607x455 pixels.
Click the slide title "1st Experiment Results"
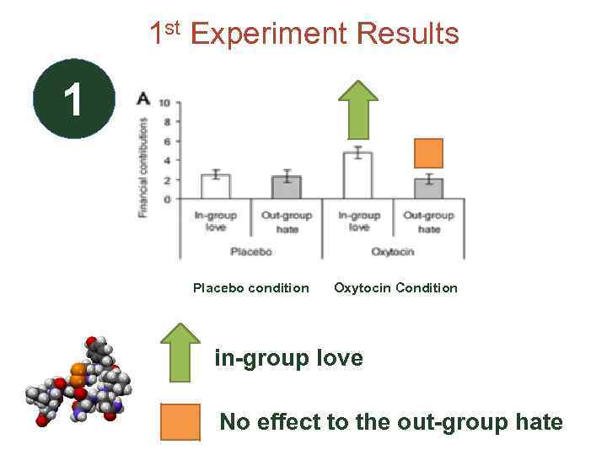[303, 33]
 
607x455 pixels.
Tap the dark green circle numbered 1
[73, 99]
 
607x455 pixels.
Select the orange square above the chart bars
[428, 153]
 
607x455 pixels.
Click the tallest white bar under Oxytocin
[357, 175]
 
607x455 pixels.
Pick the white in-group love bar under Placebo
[215, 186]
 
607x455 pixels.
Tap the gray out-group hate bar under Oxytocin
[428, 188]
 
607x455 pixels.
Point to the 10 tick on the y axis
[164, 103]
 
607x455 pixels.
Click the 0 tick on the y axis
[167, 200]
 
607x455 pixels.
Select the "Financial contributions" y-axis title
[143, 168]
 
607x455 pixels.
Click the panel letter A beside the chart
[143, 99]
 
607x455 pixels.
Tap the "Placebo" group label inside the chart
[251, 251]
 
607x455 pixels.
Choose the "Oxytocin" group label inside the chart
[393, 251]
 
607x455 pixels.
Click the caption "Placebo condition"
[251, 288]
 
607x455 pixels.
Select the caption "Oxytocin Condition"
[395, 288]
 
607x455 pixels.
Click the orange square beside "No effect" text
[180, 422]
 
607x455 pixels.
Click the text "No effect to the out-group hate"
[390, 421]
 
